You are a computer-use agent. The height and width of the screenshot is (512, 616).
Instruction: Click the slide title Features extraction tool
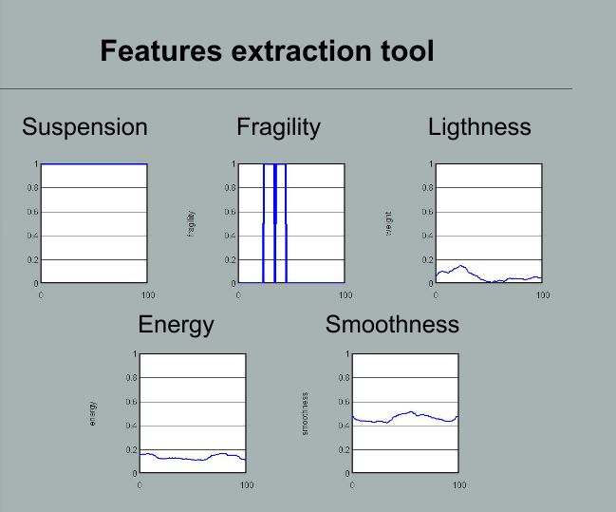tap(267, 50)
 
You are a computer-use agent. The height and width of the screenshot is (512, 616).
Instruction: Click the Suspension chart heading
tap(84, 127)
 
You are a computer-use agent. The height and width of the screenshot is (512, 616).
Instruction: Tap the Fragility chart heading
tap(278, 127)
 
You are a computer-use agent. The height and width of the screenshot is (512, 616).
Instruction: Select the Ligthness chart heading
tap(479, 127)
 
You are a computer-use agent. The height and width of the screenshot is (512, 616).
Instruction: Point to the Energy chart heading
tap(176, 325)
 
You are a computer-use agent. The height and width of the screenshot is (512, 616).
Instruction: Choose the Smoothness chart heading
tap(392, 325)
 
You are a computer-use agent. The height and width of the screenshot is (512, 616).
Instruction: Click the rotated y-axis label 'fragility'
tap(193, 223)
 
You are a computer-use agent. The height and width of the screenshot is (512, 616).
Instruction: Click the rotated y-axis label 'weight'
tap(389, 223)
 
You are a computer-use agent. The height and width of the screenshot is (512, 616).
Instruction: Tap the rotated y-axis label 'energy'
tap(93, 413)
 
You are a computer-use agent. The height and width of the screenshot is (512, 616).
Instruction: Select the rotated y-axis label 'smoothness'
tap(306, 413)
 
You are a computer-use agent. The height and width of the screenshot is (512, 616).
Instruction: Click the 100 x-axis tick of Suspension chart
tap(147, 295)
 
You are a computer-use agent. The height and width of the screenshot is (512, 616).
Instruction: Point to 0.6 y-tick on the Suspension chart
tap(30, 212)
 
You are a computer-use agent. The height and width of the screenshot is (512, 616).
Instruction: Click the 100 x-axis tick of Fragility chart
tap(345, 295)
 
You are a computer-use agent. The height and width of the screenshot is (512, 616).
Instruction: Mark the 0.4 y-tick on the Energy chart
tap(130, 426)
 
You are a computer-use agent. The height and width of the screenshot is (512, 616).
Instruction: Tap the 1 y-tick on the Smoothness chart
tap(347, 354)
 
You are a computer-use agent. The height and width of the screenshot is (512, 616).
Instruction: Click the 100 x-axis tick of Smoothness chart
tap(458, 485)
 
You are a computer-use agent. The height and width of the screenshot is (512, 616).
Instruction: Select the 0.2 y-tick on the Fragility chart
tap(229, 259)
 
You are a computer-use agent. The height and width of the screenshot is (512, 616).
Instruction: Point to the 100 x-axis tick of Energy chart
tap(246, 485)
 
